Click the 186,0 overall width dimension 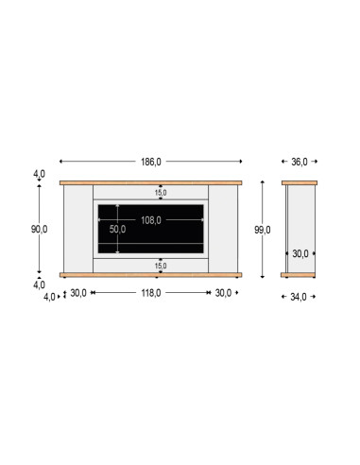(x=151, y=162)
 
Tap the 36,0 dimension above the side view (x=300, y=162)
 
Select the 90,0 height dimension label (x=39, y=230)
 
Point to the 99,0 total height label (x=263, y=230)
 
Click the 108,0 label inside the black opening (x=151, y=220)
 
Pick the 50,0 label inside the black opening (x=117, y=229)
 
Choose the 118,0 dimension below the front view (x=151, y=293)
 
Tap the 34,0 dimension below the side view (x=299, y=297)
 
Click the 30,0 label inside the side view (x=300, y=253)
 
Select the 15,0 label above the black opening (x=161, y=193)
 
